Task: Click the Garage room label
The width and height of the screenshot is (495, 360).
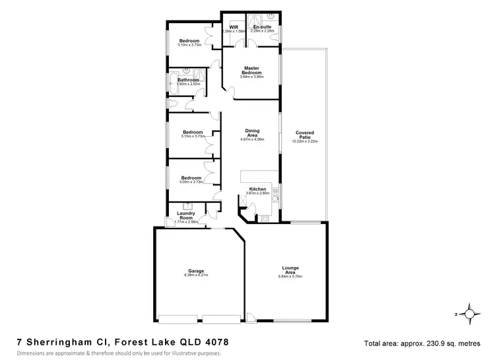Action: pyautogui.click(x=196, y=271)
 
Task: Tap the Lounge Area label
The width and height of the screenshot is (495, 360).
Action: pyautogui.click(x=290, y=270)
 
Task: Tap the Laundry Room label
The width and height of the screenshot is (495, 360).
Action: pyautogui.click(x=185, y=215)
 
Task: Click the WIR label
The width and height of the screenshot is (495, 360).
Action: pyautogui.click(x=234, y=27)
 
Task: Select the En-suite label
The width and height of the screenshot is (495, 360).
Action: pyautogui.click(x=262, y=27)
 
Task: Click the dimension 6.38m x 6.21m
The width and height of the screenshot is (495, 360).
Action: pyautogui.click(x=196, y=275)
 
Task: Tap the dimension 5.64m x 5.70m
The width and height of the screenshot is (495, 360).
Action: pyautogui.click(x=290, y=276)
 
